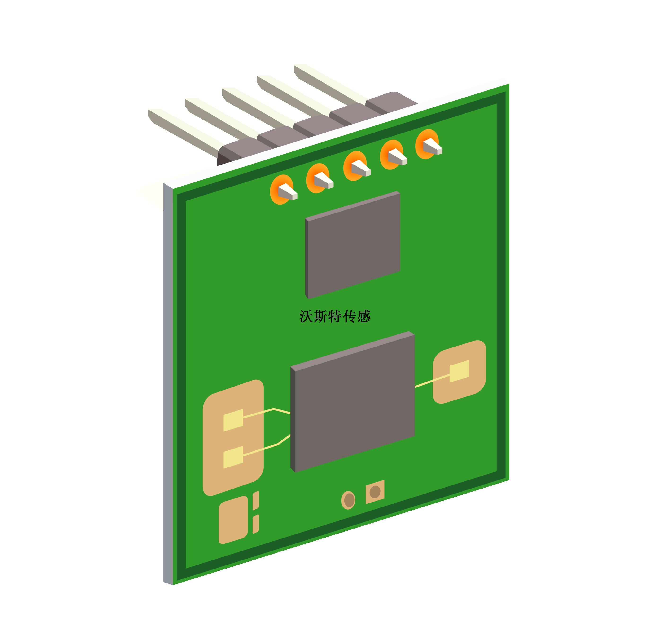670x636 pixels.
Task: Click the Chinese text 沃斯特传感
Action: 335,316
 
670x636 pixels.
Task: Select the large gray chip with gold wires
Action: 353,402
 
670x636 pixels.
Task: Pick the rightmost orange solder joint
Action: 427,144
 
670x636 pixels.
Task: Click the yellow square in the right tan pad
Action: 459,371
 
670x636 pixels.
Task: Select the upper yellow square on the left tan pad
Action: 233,420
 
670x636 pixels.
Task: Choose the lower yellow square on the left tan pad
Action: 233,457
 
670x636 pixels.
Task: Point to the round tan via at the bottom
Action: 348,500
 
